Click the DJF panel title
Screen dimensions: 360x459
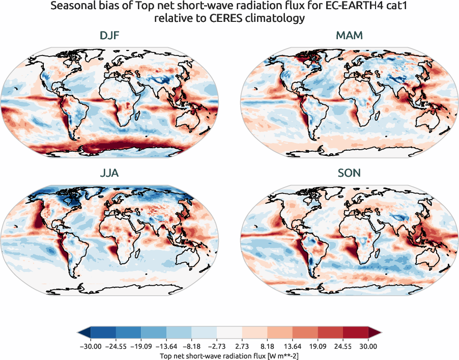coord(110,36)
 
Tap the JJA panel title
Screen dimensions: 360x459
coord(110,173)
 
